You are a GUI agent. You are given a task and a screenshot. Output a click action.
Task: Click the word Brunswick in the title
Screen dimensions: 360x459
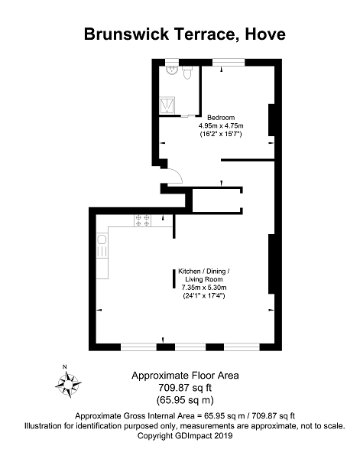126,34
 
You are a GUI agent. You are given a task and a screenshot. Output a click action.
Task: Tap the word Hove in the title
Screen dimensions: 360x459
265,34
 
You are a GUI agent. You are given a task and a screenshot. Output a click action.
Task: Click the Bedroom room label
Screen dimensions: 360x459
221,118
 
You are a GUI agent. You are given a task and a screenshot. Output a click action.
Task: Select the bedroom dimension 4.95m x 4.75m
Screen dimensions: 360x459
221,126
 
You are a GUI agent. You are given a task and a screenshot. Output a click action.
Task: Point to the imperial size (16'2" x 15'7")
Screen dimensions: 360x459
221,135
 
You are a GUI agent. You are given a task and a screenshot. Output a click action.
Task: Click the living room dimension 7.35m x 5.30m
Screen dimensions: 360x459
204,287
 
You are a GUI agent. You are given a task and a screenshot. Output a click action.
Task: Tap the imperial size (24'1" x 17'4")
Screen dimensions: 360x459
204,295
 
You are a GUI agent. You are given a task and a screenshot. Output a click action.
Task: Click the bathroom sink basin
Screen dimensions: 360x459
172,70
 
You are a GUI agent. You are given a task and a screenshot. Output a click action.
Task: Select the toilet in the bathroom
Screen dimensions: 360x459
187,73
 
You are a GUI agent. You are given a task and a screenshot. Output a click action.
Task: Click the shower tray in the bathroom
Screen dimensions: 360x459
167,106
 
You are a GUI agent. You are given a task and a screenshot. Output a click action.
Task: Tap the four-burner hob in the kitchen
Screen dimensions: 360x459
143,221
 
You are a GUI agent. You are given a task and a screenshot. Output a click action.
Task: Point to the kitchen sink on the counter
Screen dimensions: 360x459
102,246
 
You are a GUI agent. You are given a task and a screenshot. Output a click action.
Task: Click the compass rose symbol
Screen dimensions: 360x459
68,384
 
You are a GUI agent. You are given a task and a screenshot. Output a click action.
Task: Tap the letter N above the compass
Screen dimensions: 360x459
65,366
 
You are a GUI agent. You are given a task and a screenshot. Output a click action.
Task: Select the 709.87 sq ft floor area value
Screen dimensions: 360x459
185,388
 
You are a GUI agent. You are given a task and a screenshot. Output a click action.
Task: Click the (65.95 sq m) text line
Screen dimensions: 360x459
185,399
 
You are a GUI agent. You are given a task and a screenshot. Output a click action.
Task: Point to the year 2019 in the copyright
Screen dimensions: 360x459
223,435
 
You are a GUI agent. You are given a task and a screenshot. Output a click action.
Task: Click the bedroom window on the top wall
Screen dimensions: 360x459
229,63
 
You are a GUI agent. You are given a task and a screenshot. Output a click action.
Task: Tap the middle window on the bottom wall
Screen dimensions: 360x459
190,347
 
